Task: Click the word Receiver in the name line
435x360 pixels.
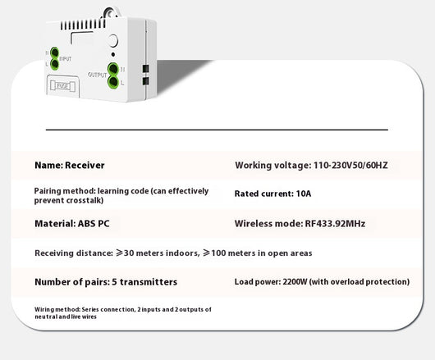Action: click(x=85, y=165)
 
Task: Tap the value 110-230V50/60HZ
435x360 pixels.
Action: click(x=350, y=165)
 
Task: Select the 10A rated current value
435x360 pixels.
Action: click(x=304, y=194)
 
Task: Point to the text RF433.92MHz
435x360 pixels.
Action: click(x=335, y=224)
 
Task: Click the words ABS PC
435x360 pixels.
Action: click(x=94, y=224)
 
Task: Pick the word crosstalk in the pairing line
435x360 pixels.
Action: click(x=85, y=200)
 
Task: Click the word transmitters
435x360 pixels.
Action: click(x=149, y=282)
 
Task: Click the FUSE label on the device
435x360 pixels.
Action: click(x=62, y=86)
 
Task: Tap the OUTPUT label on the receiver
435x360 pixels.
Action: click(x=97, y=75)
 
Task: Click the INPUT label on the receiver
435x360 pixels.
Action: click(x=66, y=59)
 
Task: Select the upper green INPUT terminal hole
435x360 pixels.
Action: click(x=55, y=52)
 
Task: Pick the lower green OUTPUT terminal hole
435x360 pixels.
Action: click(x=113, y=82)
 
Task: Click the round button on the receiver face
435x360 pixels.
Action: click(x=113, y=41)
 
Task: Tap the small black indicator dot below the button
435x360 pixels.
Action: click(x=113, y=55)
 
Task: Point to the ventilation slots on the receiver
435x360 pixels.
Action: click(x=83, y=25)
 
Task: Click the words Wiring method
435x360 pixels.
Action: click(x=57, y=309)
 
